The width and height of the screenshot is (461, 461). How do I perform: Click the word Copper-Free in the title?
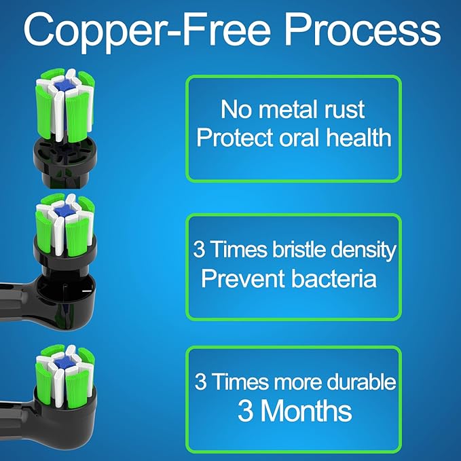(147, 32)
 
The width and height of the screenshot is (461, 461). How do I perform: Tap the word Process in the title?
(363, 29)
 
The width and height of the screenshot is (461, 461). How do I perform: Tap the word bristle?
(299, 249)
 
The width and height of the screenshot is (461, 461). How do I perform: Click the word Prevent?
(244, 278)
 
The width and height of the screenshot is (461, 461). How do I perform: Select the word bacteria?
(334, 278)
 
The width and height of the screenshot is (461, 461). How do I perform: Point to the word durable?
(361, 382)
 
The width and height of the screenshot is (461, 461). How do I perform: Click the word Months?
(306, 411)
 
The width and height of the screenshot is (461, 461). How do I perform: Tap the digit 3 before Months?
(245, 411)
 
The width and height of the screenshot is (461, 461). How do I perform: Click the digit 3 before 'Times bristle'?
(199, 250)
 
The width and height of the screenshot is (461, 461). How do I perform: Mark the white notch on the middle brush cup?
(87, 291)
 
